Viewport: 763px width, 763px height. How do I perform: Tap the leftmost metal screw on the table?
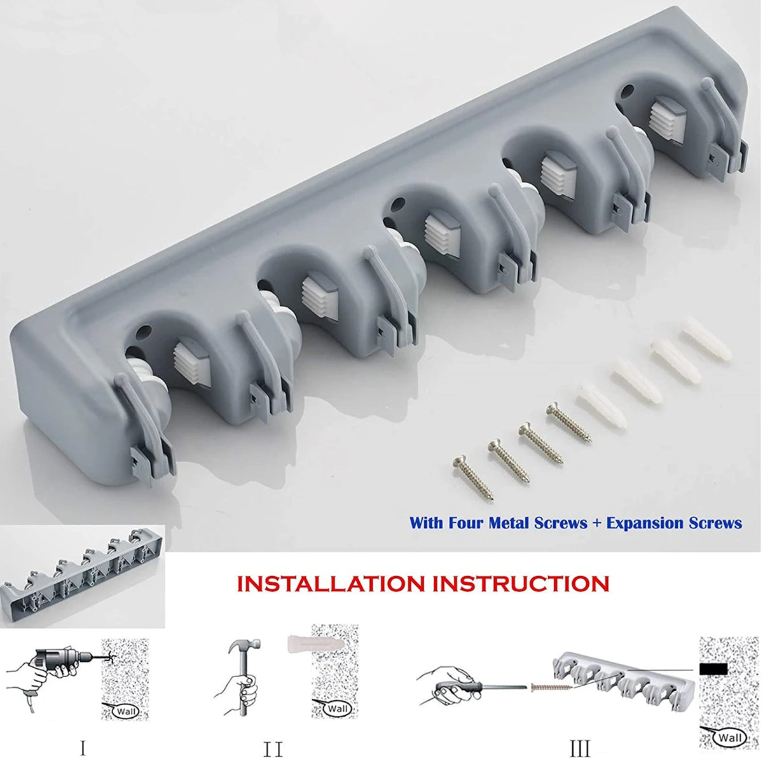click(473, 478)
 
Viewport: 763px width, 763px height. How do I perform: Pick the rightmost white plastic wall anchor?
click(705, 341)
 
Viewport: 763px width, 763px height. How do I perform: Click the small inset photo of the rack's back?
click(83, 575)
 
